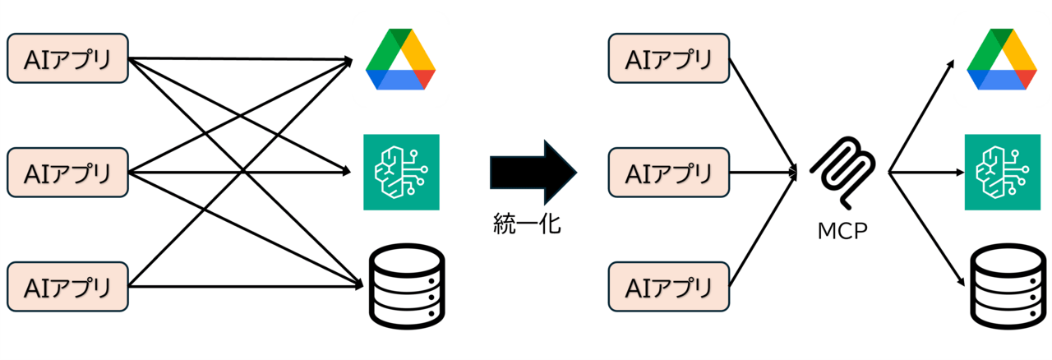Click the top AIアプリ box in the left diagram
(x=67, y=58)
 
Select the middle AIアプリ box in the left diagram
(x=67, y=173)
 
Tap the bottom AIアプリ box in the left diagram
(x=67, y=287)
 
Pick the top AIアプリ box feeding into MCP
(x=668, y=58)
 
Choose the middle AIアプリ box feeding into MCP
(x=668, y=173)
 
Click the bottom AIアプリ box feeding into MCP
(x=668, y=287)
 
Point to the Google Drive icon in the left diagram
(x=400, y=59)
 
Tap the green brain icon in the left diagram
(x=401, y=172)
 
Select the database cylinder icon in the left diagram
(x=404, y=284)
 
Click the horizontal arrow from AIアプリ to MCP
(x=763, y=173)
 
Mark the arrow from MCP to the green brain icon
(x=925, y=173)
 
